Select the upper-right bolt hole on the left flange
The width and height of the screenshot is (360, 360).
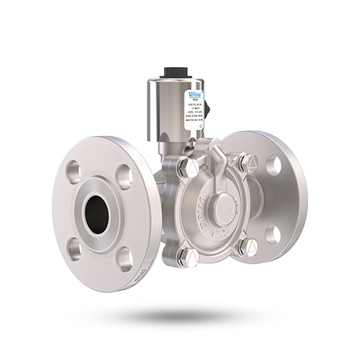124,176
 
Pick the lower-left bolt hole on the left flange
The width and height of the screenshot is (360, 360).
73,248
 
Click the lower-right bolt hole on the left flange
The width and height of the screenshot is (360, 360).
123,258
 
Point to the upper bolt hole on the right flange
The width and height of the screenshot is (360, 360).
273,165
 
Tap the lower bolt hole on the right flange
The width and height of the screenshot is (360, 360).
272,235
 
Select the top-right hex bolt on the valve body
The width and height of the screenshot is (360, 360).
246,163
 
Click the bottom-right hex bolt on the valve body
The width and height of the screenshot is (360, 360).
246,247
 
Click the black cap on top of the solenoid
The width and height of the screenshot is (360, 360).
176,72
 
